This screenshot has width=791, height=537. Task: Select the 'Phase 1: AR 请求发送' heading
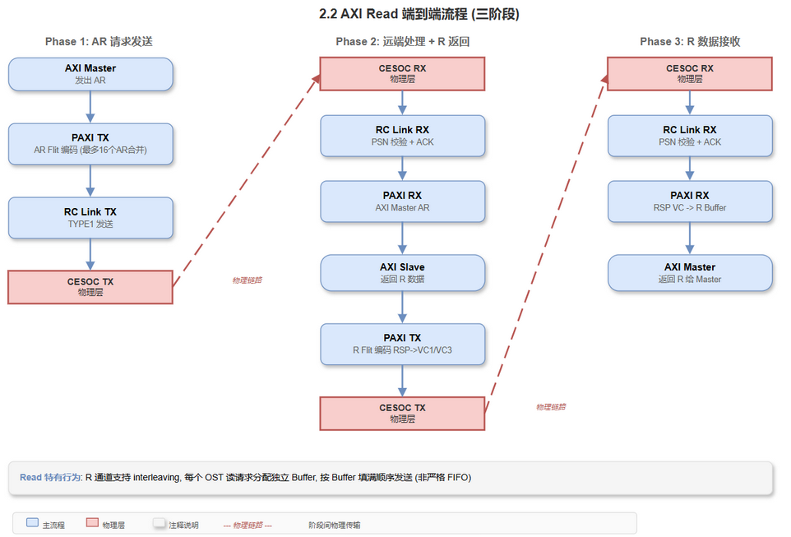[99, 41]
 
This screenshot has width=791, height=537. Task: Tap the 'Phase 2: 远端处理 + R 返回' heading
[403, 41]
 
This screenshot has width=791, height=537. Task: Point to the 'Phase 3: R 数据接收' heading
[690, 41]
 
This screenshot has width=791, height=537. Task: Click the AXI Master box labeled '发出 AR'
[90, 74]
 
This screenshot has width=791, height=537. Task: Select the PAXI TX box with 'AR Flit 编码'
[90, 143]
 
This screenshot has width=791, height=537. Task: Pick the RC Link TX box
[90, 217]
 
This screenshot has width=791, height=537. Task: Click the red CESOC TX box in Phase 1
[90, 286]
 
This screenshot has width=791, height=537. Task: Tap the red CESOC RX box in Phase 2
[402, 73]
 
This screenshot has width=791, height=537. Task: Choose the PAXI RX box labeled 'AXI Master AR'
[402, 201]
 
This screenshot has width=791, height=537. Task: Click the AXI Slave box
[402, 273]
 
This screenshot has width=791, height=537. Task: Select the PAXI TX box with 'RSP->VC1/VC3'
[402, 343]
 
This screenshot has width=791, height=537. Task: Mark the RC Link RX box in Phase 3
[690, 135]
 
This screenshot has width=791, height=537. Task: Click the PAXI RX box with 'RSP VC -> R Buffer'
[690, 201]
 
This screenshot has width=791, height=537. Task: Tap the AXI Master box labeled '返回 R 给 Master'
[690, 273]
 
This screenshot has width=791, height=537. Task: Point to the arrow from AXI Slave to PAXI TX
[402, 308]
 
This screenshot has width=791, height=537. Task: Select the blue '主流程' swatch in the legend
[32, 523]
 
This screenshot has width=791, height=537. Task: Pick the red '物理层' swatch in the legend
[92, 523]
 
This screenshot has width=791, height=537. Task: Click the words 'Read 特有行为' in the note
[50, 477]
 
